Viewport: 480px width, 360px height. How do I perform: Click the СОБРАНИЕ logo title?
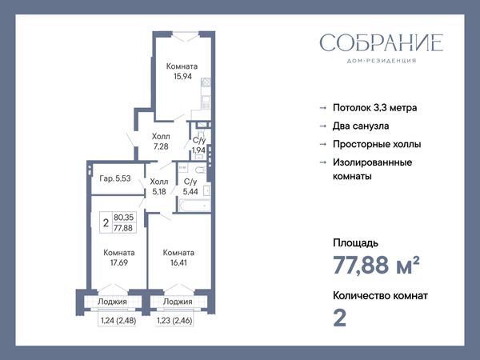click(x=382, y=42)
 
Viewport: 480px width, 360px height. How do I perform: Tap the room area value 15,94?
click(x=182, y=76)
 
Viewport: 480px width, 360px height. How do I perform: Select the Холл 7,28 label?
click(x=161, y=141)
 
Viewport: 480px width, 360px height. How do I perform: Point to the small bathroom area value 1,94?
click(x=198, y=150)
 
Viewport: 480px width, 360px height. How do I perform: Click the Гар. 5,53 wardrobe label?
click(x=115, y=178)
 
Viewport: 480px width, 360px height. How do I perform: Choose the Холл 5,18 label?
click(x=159, y=186)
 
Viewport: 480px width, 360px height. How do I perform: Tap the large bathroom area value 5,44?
click(x=190, y=192)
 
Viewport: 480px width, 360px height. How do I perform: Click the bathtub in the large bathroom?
click(x=194, y=206)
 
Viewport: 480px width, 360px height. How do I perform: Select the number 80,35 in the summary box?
click(x=124, y=218)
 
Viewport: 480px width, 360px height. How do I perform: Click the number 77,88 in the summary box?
click(x=123, y=228)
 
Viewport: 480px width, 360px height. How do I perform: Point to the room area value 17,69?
click(x=118, y=262)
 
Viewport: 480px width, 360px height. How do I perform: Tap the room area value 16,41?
click(x=178, y=262)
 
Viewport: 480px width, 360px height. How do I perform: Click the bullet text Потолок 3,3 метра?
click(x=374, y=108)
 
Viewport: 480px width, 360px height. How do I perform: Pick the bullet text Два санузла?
click(x=361, y=126)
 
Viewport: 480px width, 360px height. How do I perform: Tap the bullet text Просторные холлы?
click(x=377, y=144)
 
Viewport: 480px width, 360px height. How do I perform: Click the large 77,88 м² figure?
click(x=376, y=265)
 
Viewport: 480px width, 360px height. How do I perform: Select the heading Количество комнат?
click(x=380, y=296)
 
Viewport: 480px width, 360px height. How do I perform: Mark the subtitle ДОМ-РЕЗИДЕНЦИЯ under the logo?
click(x=382, y=61)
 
